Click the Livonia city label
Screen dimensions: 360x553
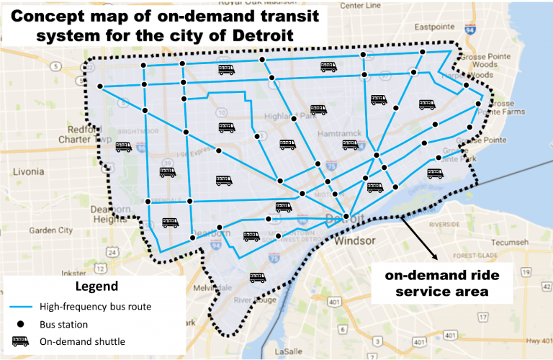click(x=29, y=173)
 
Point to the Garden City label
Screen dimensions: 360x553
click(x=50, y=230)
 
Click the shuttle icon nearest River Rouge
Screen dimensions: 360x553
click(x=257, y=277)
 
